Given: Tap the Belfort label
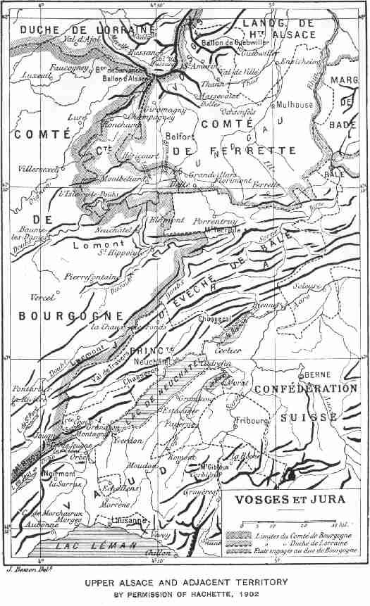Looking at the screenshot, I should pyautogui.click(x=177, y=137).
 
